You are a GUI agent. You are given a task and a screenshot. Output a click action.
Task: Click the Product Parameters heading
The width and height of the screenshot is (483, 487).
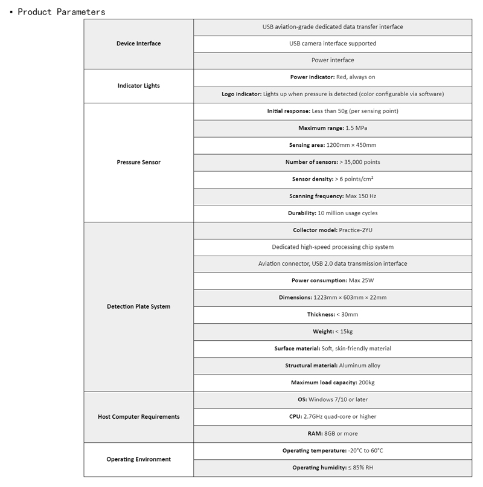pos(62,11)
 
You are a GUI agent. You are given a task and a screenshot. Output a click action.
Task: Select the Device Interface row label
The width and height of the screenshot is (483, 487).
pos(138,44)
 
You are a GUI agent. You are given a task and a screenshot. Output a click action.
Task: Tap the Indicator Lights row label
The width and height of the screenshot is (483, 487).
pos(138,86)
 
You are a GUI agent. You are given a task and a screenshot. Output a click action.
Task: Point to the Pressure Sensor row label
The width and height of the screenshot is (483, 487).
pos(138,162)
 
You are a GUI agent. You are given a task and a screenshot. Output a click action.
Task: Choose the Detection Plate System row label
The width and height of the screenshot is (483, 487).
pos(138,306)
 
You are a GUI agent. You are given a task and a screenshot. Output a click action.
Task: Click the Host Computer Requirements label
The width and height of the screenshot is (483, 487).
pos(138,416)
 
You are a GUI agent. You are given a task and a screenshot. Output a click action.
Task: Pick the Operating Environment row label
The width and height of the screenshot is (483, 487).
pos(138,459)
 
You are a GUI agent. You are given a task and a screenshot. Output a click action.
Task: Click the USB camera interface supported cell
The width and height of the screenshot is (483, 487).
pos(333,44)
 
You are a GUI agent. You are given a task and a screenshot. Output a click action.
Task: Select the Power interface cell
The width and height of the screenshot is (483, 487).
pos(333,60)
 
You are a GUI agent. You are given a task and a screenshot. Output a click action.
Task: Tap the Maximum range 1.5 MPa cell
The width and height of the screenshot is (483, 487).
pos(333,128)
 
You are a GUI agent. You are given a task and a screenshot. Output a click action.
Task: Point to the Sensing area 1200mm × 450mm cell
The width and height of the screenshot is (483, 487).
pos(333,145)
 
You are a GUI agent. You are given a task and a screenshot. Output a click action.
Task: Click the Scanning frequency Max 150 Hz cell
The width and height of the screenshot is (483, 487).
pos(333,196)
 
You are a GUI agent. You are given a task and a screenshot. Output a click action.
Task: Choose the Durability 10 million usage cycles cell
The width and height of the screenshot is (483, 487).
pos(333,213)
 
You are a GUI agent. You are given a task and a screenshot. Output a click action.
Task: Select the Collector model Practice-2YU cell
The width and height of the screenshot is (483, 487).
pos(333,230)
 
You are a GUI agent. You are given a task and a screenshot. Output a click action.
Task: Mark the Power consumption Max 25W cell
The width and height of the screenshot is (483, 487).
pos(333,280)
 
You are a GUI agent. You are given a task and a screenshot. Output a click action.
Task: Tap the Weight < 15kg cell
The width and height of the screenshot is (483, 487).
pos(333,331)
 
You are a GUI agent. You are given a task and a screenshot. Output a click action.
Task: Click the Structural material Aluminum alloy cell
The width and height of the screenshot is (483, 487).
pos(333,365)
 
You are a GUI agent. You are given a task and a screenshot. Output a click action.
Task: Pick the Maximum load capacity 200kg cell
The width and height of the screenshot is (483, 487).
pos(333,382)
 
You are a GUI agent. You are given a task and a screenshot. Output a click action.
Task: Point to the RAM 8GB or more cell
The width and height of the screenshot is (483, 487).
pos(333,433)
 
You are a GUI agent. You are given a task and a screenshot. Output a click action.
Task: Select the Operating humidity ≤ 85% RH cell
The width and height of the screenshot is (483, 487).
pos(333,468)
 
